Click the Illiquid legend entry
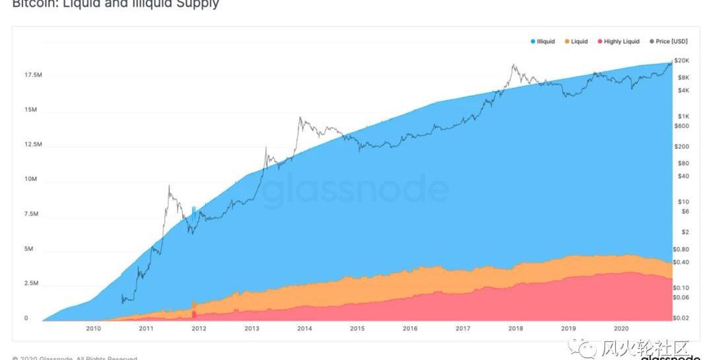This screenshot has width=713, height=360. pos(544,42)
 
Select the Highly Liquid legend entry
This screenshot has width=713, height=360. pos(621,42)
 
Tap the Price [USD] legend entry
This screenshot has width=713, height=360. pos(671,42)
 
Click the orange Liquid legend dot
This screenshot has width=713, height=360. pos(566,42)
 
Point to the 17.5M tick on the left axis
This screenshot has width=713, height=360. pos(34,75)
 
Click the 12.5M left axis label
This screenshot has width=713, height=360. pos(34,145)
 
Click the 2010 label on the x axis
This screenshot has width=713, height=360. pos(93,328)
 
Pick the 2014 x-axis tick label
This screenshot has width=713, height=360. pos(304,328)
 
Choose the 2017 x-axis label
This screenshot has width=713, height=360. pos(463,328)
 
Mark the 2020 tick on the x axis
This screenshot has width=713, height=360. pos(621,328)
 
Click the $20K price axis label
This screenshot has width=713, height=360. pos(682,60)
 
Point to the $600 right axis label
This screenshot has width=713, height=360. pos(682,126)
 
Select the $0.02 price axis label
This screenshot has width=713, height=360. pos(681,318)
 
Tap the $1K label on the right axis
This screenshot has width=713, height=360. pos(682,116)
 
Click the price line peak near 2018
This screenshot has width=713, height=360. pos(513,65)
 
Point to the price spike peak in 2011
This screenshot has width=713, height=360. pos(170,186)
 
